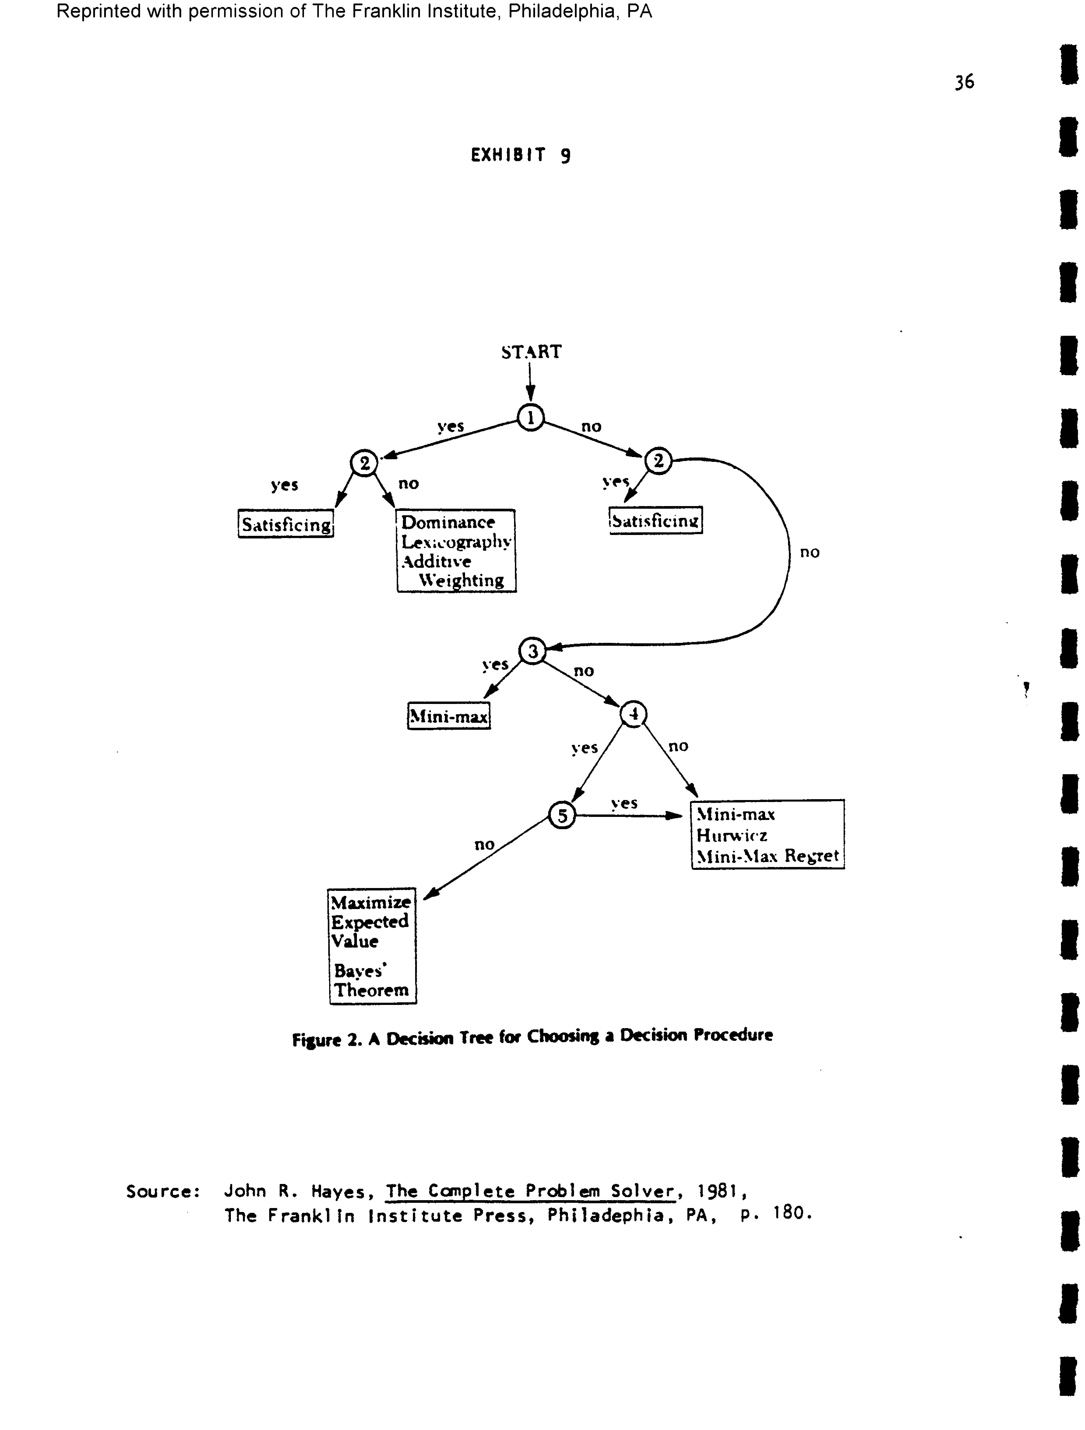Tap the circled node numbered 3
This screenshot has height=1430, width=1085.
(532, 651)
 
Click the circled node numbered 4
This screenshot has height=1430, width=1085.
(633, 714)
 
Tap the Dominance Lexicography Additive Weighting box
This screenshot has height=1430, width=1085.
(456, 551)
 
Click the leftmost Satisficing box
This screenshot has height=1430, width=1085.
(286, 524)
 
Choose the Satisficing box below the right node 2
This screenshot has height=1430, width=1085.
(655, 521)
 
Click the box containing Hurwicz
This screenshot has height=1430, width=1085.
(768, 835)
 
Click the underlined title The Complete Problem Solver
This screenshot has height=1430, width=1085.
(530, 1191)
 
